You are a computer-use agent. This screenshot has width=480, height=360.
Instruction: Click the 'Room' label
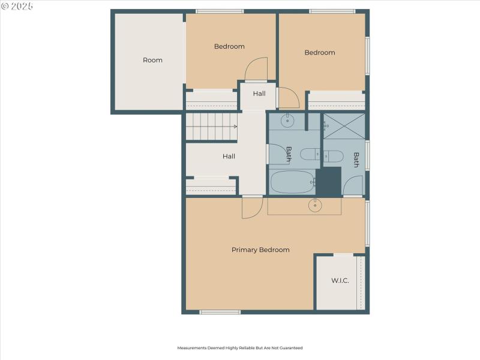click(x=152, y=60)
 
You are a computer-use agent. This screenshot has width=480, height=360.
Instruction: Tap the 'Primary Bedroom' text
click(x=260, y=250)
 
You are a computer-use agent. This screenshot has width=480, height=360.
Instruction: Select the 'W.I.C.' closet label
click(x=340, y=281)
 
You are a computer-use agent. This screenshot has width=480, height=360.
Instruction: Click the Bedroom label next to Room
click(x=229, y=47)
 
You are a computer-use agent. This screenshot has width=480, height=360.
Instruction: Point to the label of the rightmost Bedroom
click(x=319, y=53)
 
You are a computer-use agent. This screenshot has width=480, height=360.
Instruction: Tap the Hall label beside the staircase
click(x=229, y=157)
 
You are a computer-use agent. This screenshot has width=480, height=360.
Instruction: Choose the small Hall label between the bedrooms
click(x=259, y=94)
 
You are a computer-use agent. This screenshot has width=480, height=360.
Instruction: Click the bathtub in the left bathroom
click(x=292, y=182)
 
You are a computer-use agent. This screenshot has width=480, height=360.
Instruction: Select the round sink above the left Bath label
click(x=287, y=120)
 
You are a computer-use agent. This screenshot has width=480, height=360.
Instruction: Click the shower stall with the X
click(x=344, y=126)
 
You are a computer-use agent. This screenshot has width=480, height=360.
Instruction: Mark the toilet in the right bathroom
click(x=334, y=157)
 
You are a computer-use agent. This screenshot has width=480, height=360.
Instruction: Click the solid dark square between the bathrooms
click(x=328, y=181)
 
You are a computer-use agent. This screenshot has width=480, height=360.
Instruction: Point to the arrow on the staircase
click(x=235, y=127)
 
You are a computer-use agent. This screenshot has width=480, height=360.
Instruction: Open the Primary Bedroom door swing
click(x=251, y=208)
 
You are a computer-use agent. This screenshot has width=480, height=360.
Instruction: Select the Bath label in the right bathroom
click(x=356, y=160)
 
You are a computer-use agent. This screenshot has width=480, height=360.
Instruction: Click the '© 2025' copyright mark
click(x=18, y=6)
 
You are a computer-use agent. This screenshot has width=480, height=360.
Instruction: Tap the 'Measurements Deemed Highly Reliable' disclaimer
click(x=239, y=348)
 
